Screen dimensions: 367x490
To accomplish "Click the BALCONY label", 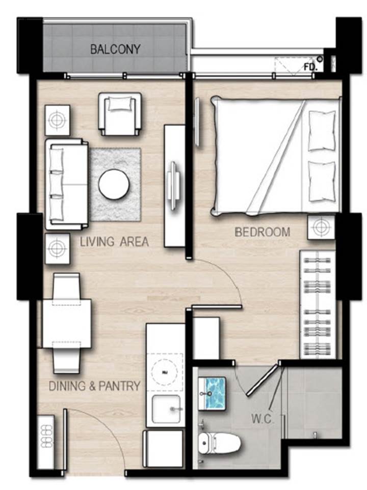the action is (115, 49).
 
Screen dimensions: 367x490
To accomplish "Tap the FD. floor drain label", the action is (310, 67).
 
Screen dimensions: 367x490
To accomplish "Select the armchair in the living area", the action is (120, 114).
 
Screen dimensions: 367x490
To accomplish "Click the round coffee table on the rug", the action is (114, 184).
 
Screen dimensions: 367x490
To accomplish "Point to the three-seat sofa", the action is (66, 184).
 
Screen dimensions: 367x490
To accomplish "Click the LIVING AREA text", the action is (114, 242).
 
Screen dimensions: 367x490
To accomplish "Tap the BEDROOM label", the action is (263, 232).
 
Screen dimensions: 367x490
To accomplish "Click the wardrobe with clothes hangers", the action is (318, 304).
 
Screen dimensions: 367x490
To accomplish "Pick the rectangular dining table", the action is (67, 324).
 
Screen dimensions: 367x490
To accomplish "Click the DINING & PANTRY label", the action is (95, 386).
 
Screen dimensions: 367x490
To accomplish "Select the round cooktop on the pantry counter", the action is (165, 371).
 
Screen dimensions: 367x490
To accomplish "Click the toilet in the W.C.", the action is (219, 443).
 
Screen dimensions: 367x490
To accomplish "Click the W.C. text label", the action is (263, 419).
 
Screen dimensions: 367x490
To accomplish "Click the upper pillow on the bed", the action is (322, 131).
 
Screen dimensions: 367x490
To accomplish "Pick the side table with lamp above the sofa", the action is (57, 120).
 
